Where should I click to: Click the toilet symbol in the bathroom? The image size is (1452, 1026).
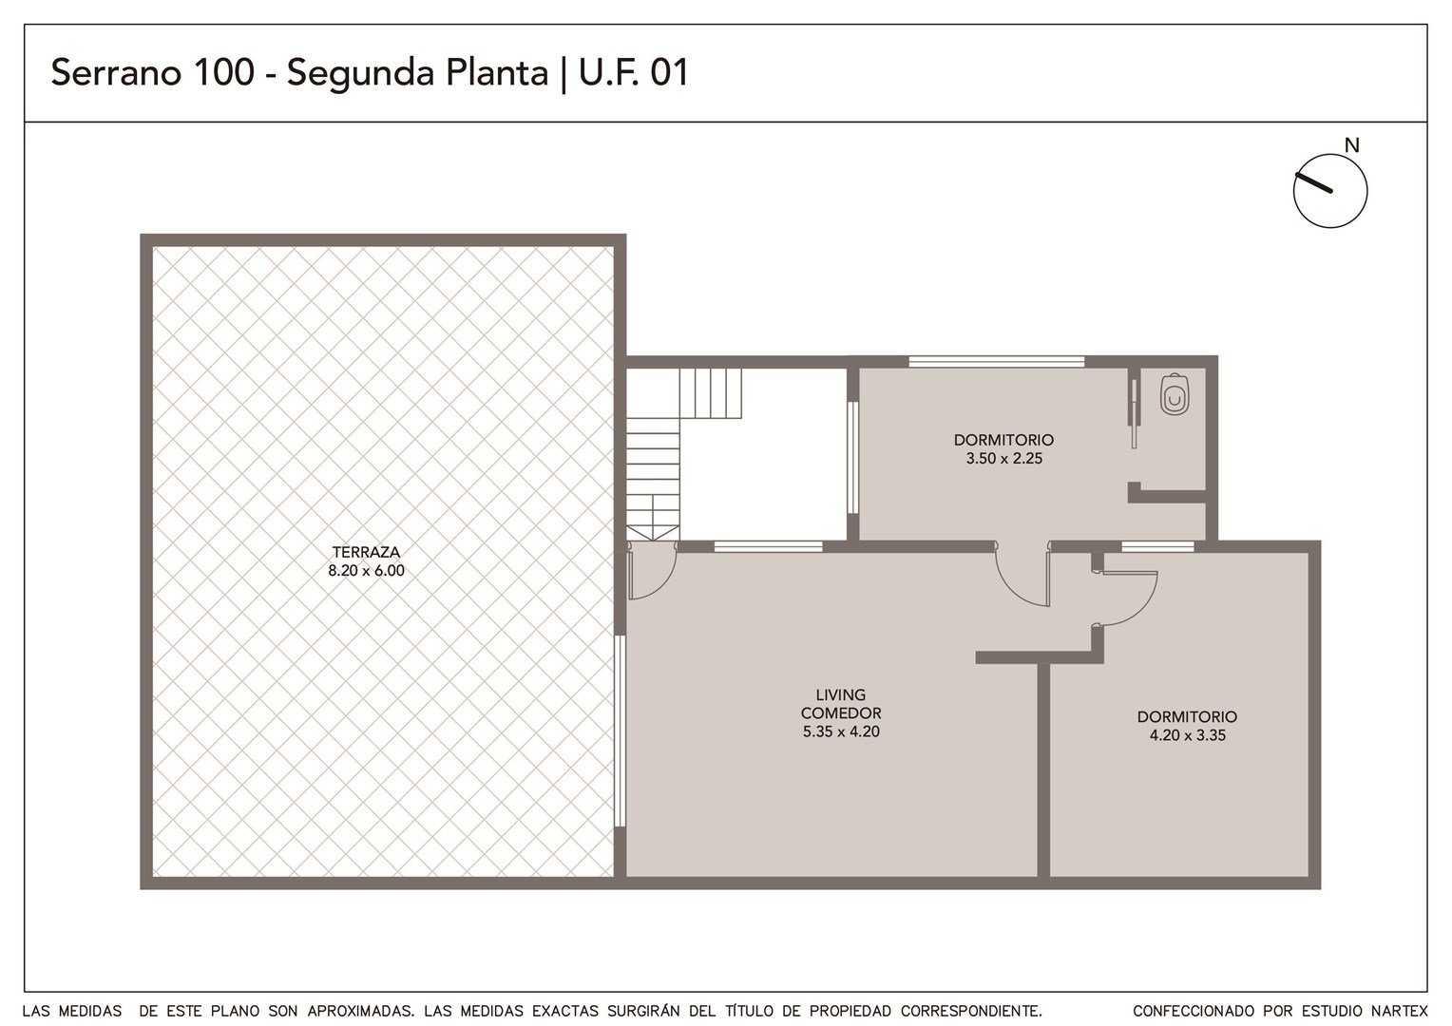(x=1174, y=394)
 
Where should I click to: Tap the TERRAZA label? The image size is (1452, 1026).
(x=366, y=552)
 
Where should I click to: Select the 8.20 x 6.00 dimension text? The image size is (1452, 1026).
(x=366, y=571)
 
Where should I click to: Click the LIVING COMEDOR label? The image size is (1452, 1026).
(x=841, y=704)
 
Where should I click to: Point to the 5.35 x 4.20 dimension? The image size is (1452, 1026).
(x=841, y=731)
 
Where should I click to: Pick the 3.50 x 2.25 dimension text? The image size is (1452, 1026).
(x=1004, y=459)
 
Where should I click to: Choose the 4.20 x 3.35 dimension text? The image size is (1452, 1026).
(x=1188, y=735)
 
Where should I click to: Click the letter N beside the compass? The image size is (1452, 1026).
(x=1351, y=146)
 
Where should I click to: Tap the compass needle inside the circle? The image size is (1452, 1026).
(x=1313, y=182)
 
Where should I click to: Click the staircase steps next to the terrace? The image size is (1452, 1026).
(x=680, y=454)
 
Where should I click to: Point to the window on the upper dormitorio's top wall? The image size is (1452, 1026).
(x=996, y=362)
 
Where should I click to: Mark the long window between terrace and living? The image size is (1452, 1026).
(x=620, y=731)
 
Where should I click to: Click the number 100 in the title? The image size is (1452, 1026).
(x=224, y=72)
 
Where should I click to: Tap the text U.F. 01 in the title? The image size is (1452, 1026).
(x=633, y=72)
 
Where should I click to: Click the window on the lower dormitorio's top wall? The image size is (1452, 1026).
(x=1157, y=546)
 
